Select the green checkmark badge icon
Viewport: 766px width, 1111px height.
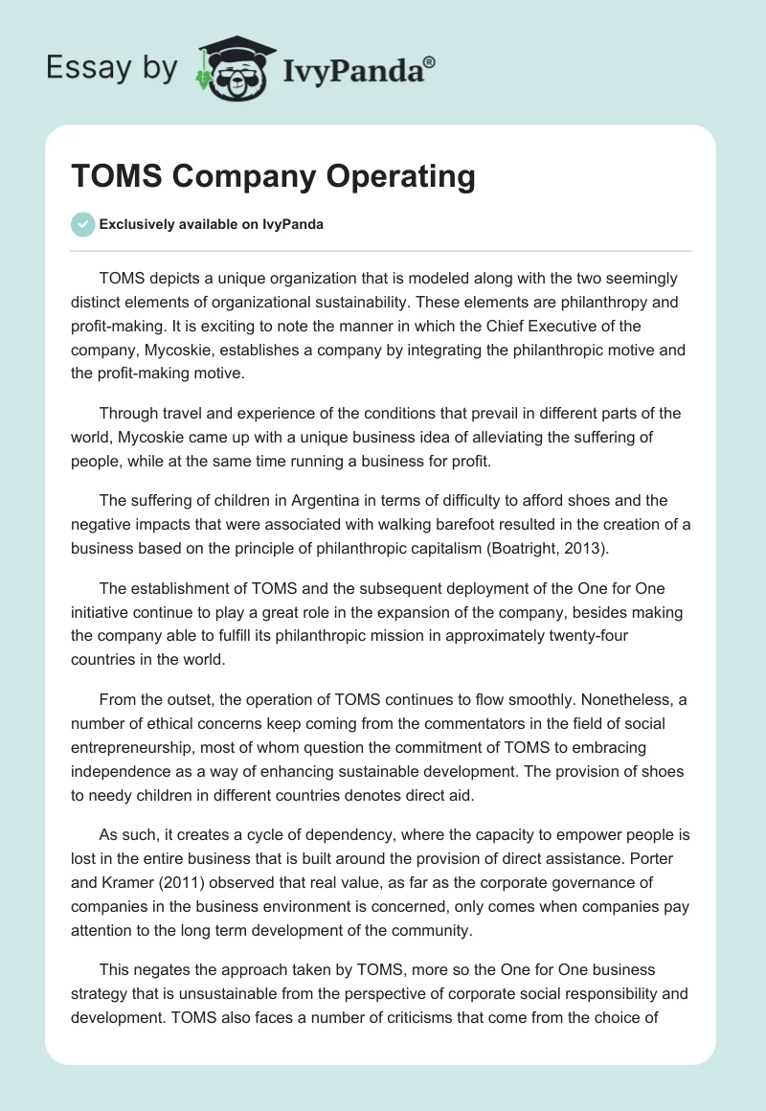82,224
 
